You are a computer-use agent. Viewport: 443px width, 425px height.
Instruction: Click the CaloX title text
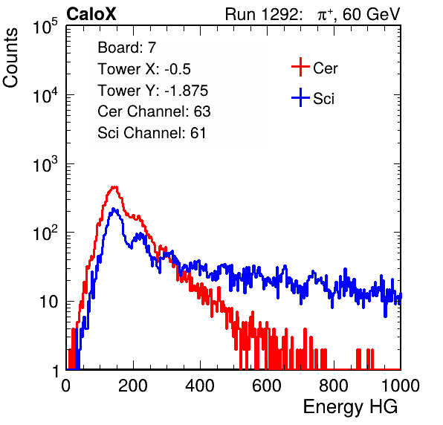point(91,14)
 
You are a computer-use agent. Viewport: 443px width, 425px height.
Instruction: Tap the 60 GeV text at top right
point(372,14)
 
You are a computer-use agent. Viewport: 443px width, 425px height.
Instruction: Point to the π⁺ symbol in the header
point(325,15)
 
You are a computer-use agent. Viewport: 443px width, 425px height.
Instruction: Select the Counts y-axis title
point(10,58)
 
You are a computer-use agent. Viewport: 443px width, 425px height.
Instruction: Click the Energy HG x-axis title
point(350,407)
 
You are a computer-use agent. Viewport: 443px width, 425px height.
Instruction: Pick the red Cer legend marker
point(300,67)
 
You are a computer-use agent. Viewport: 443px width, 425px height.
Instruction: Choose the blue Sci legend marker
point(300,97)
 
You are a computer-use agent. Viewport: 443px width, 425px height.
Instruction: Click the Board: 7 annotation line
point(127,48)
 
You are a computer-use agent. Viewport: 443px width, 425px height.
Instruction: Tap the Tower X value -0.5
point(178,69)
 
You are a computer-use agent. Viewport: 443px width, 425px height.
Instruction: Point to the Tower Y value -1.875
point(187,91)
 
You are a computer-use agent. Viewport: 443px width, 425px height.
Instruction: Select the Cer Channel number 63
point(202,111)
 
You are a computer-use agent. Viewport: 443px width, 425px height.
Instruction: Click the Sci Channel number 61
point(198,133)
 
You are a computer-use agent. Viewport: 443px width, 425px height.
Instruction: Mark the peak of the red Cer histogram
point(114,186)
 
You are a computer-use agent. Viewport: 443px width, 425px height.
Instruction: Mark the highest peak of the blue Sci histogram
point(114,209)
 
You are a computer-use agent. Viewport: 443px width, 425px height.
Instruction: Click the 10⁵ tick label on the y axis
point(46,27)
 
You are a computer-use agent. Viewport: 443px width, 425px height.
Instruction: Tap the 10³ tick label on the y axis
point(46,165)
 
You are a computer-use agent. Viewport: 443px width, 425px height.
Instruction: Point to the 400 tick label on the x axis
point(200,386)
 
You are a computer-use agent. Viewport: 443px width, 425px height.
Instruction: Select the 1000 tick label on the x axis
point(401,386)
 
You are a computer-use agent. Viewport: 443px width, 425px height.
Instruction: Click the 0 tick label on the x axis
point(66,386)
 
